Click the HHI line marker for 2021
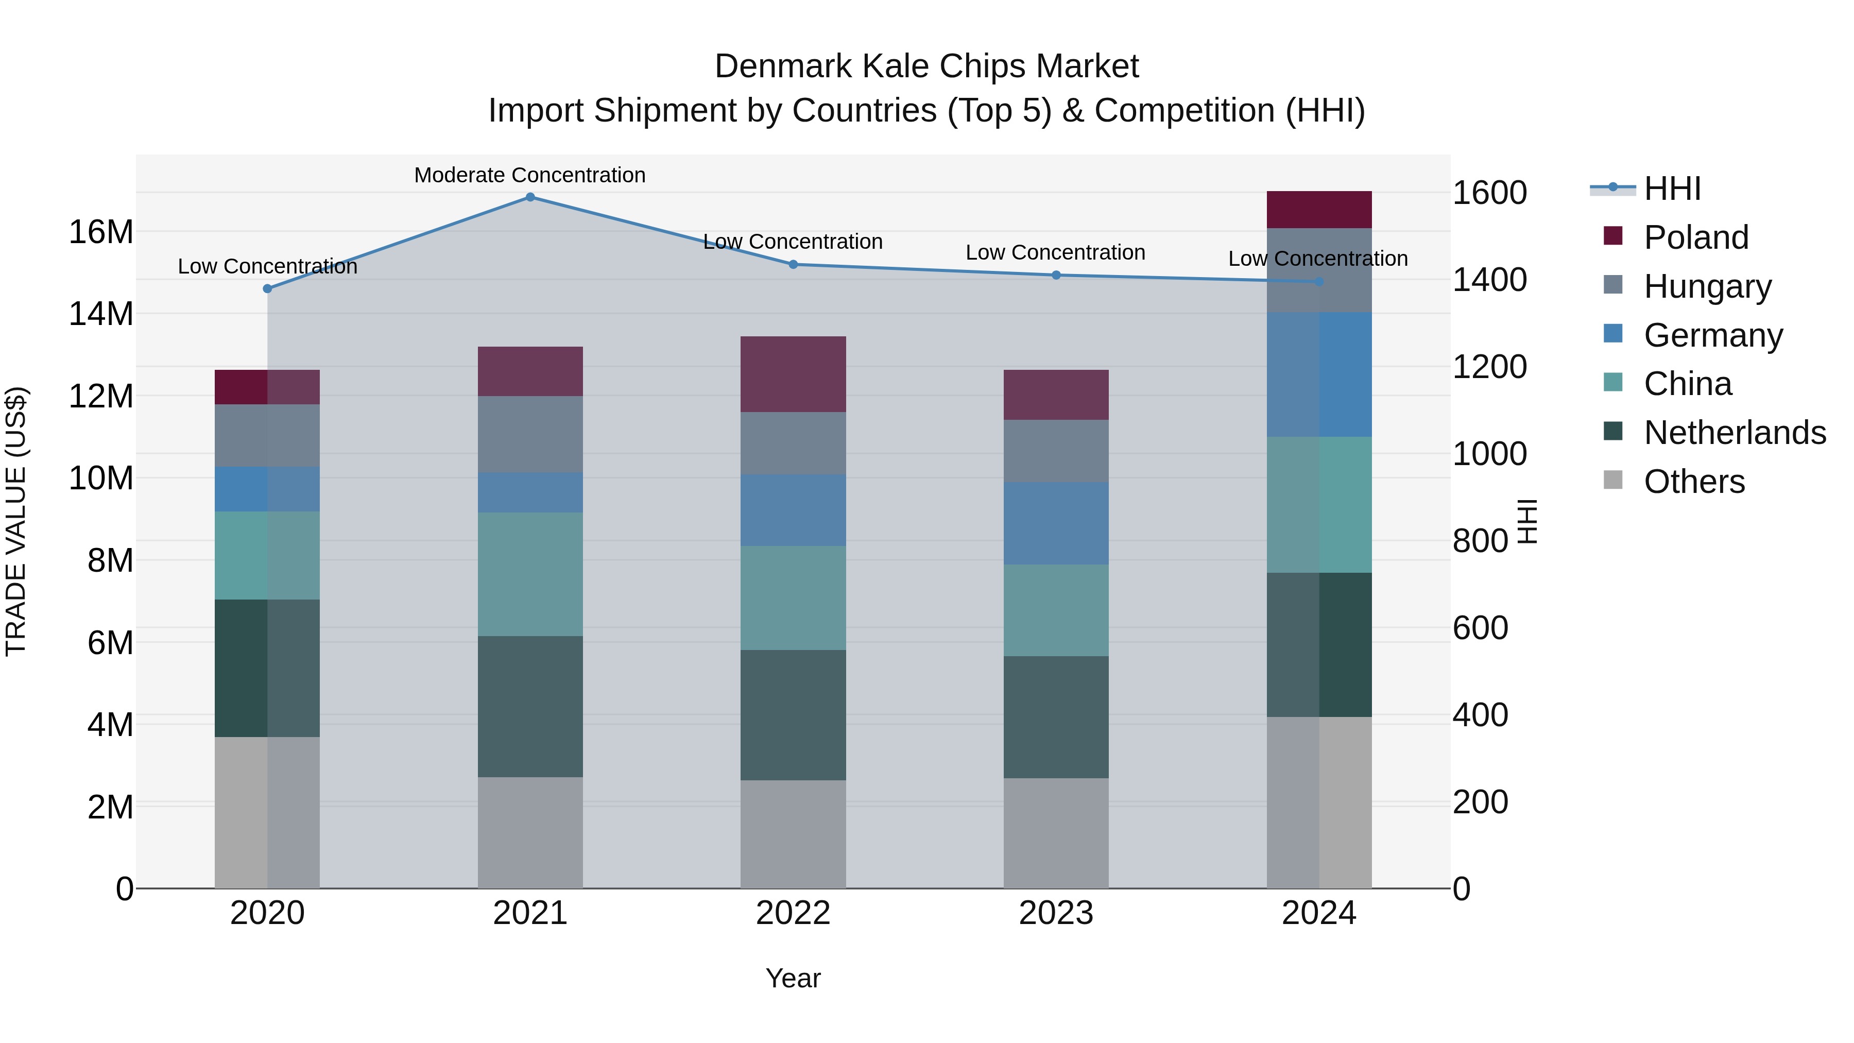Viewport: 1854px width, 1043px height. click(x=530, y=197)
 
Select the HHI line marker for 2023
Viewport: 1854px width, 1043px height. click(x=1056, y=275)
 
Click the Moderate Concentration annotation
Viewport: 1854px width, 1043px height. click(x=530, y=175)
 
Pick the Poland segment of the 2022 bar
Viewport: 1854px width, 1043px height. click(x=793, y=374)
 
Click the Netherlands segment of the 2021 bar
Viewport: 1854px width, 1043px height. click(x=530, y=706)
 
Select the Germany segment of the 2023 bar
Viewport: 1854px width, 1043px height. click(x=1056, y=523)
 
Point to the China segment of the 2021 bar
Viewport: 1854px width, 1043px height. click(x=530, y=574)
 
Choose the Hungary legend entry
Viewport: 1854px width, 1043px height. click(x=1707, y=286)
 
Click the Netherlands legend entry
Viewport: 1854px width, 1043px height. click(x=1735, y=433)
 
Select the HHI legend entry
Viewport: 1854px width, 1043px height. click(x=1672, y=189)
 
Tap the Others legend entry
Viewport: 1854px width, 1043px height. click(x=1694, y=482)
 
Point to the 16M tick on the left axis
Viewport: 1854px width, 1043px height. click(x=101, y=232)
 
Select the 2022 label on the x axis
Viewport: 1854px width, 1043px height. click(x=793, y=913)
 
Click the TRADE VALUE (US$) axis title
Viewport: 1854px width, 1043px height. click(x=16, y=521)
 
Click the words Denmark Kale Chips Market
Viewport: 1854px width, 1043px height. click(x=926, y=66)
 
